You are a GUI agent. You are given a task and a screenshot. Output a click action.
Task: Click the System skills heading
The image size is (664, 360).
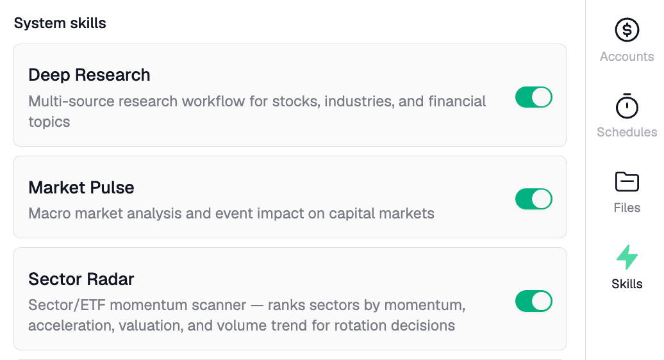pyautogui.click(x=60, y=24)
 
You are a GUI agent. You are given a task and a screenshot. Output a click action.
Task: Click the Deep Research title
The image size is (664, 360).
pyautogui.click(x=89, y=75)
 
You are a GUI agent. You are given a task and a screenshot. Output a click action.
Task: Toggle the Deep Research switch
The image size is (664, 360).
pyautogui.click(x=533, y=97)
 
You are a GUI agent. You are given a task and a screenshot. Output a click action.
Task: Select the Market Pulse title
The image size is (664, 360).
pyautogui.click(x=81, y=188)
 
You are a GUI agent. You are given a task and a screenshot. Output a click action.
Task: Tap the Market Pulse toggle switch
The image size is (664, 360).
pyautogui.click(x=533, y=199)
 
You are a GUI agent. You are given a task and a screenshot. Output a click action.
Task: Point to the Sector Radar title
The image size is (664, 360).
pyautogui.click(x=81, y=279)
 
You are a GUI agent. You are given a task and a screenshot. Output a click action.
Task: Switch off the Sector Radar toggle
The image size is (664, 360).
pyautogui.click(x=533, y=301)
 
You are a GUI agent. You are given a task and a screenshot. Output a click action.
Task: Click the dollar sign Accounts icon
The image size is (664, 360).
pyautogui.click(x=627, y=29)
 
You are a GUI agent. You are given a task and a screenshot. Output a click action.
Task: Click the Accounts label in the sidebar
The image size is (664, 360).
pyautogui.click(x=627, y=56)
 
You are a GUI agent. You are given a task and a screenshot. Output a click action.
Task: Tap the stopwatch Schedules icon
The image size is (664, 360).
pyautogui.click(x=627, y=106)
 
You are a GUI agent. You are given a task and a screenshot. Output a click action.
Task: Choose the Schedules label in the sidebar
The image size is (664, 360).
pyautogui.click(x=627, y=132)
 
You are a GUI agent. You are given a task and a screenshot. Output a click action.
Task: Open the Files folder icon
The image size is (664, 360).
pyautogui.click(x=627, y=181)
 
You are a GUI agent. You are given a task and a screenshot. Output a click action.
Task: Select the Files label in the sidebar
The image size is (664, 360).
pyautogui.click(x=627, y=208)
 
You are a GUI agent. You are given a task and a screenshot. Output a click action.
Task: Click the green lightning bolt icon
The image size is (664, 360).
pyautogui.click(x=627, y=257)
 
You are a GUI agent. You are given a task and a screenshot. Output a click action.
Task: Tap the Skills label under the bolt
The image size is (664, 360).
pyautogui.click(x=627, y=284)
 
